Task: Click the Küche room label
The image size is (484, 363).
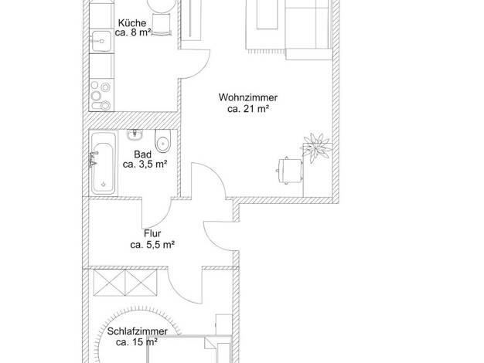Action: [132, 23]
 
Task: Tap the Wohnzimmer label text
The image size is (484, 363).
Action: [248, 97]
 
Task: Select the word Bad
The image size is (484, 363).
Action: [142, 154]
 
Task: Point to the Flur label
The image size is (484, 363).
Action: [152, 233]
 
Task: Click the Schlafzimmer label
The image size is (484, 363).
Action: [138, 331]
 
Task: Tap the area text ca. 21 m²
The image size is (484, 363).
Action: [248, 109]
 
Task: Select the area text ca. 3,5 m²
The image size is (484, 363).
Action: [145, 165]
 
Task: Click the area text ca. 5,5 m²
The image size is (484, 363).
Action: [152, 245]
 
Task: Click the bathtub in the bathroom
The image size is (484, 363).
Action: [103, 164]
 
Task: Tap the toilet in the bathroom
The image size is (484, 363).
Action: [162, 141]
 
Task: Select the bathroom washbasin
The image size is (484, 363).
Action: [135, 134]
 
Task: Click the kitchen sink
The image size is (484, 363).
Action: [101, 41]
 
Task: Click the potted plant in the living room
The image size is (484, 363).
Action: [316, 148]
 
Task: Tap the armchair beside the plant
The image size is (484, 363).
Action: [289, 171]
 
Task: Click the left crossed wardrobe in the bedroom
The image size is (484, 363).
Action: [110, 283]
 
